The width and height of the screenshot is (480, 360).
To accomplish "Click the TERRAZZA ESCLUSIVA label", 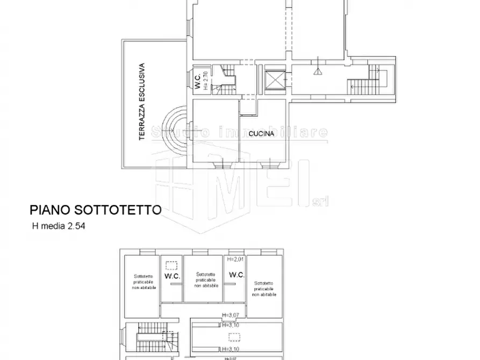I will pyautogui.click(x=142, y=102).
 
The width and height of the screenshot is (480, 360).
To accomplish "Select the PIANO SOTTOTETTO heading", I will pyautogui.click(x=95, y=210).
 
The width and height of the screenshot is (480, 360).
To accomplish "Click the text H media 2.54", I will pyautogui.click(x=59, y=226).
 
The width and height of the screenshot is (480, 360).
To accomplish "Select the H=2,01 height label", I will pyautogui.click(x=235, y=259).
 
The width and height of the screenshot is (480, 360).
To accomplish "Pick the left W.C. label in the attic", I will pyautogui.click(x=171, y=276).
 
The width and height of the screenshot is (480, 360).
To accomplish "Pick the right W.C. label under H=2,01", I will pyautogui.click(x=236, y=275).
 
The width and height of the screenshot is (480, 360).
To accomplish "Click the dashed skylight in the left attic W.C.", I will pyautogui.click(x=171, y=264).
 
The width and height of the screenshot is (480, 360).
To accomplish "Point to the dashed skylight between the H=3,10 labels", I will pyautogui.click(x=234, y=336).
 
